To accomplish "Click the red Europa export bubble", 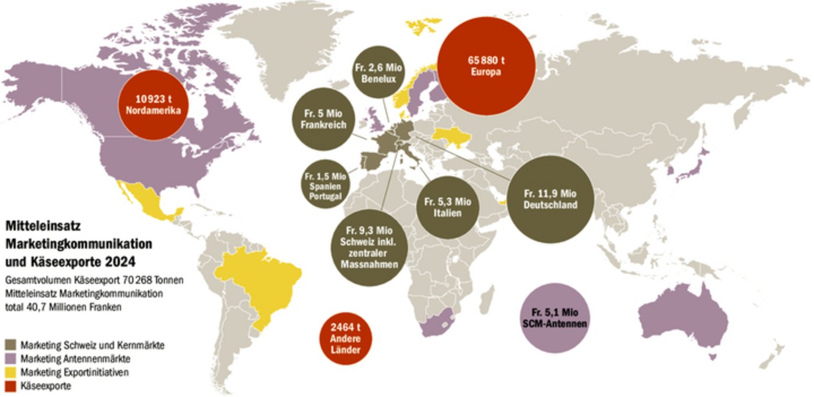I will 484,66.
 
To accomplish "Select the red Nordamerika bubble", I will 154,104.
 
